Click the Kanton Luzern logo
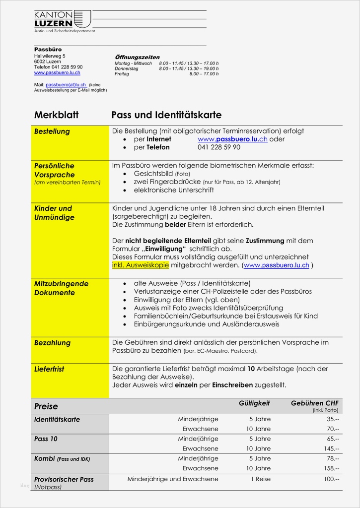[63, 19]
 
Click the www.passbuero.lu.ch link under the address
[57, 73]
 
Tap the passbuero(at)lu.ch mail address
[66, 85]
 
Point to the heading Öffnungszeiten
[137, 58]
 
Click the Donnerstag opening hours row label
[127, 68]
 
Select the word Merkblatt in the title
[56, 115]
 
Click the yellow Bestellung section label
[52, 131]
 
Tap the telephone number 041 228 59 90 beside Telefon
[218, 147]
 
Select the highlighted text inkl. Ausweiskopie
[141, 265]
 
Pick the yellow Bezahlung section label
[52, 343]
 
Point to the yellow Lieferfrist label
[49, 369]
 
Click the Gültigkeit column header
[254, 404]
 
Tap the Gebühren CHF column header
[314, 404]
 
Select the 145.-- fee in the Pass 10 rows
[330, 448]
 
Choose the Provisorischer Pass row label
[64, 479]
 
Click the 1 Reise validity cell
[260, 479]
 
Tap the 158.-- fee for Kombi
[330, 468]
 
